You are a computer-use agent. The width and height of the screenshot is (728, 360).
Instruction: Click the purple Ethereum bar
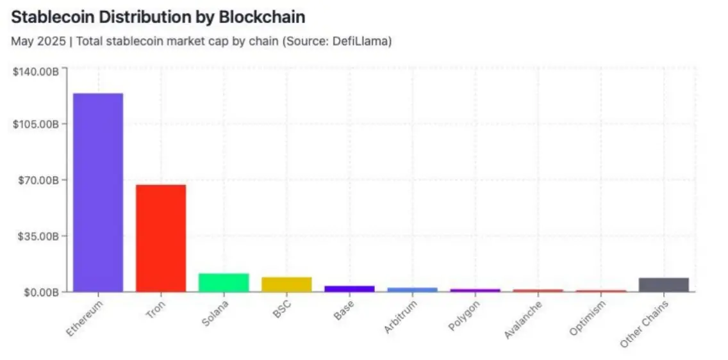pos(98,192)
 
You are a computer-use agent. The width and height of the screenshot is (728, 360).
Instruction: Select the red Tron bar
pos(161,238)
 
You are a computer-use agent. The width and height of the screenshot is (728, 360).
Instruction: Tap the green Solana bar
pos(224,282)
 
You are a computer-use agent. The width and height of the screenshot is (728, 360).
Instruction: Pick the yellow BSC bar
pos(286,284)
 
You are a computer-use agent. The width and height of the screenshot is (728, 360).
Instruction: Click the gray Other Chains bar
pos(664,284)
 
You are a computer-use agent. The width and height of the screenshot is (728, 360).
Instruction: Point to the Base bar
pos(349,288)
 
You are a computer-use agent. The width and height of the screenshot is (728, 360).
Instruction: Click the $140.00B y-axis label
pos(36,72)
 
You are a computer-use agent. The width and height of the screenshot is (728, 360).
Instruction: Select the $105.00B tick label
pos(36,124)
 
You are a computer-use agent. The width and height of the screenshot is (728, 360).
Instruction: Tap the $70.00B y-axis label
pos(38,180)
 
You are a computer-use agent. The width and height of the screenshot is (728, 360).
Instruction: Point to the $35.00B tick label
pos(38,236)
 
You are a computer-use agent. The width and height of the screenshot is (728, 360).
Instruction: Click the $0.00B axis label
pos(40,292)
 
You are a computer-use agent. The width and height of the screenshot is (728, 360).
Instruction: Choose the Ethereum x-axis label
pos(85,318)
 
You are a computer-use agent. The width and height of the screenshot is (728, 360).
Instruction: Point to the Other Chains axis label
pos(645,323)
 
